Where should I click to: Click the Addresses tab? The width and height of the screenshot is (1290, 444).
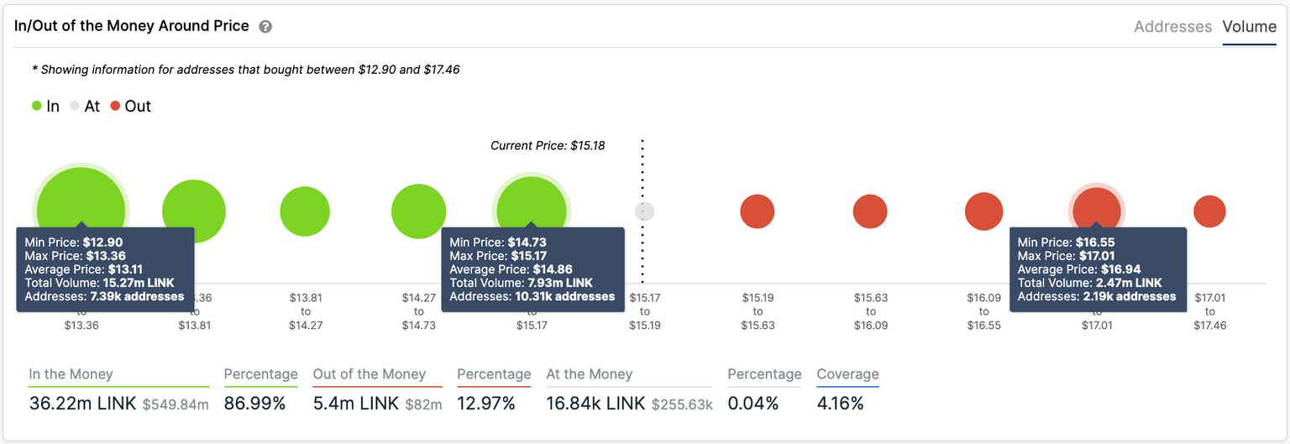pyautogui.click(x=1172, y=27)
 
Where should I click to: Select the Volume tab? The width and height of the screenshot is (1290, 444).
pyautogui.click(x=1249, y=27)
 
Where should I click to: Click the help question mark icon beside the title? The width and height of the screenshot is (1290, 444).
pyautogui.click(x=265, y=27)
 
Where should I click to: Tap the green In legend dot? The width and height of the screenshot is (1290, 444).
pyautogui.click(x=37, y=107)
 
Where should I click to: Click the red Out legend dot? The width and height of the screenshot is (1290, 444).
pyautogui.click(x=116, y=107)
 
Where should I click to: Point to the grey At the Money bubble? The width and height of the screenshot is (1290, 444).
pyautogui.click(x=644, y=212)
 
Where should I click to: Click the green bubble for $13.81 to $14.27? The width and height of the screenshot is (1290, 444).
pyautogui.click(x=305, y=212)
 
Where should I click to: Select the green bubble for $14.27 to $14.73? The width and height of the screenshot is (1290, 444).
pyautogui.click(x=418, y=212)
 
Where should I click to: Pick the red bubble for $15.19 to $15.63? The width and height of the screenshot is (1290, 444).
pyautogui.click(x=757, y=212)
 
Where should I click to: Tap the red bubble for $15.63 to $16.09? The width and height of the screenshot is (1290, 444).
pyautogui.click(x=870, y=212)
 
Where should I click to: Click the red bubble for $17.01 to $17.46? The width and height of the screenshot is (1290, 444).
pyautogui.click(x=1209, y=212)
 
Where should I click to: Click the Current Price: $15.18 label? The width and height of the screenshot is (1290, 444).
pyautogui.click(x=548, y=145)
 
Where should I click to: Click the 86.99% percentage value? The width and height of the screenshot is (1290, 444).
pyautogui.click(x=255, y=404)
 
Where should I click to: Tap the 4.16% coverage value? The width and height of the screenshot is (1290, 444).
pyautogui.click(x=840, y=404)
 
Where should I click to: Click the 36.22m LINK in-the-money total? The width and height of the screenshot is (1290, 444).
pyautogui.click(x=82, y=404)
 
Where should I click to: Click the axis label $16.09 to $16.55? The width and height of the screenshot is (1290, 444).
pyautogui.click(x=983, y=311)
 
